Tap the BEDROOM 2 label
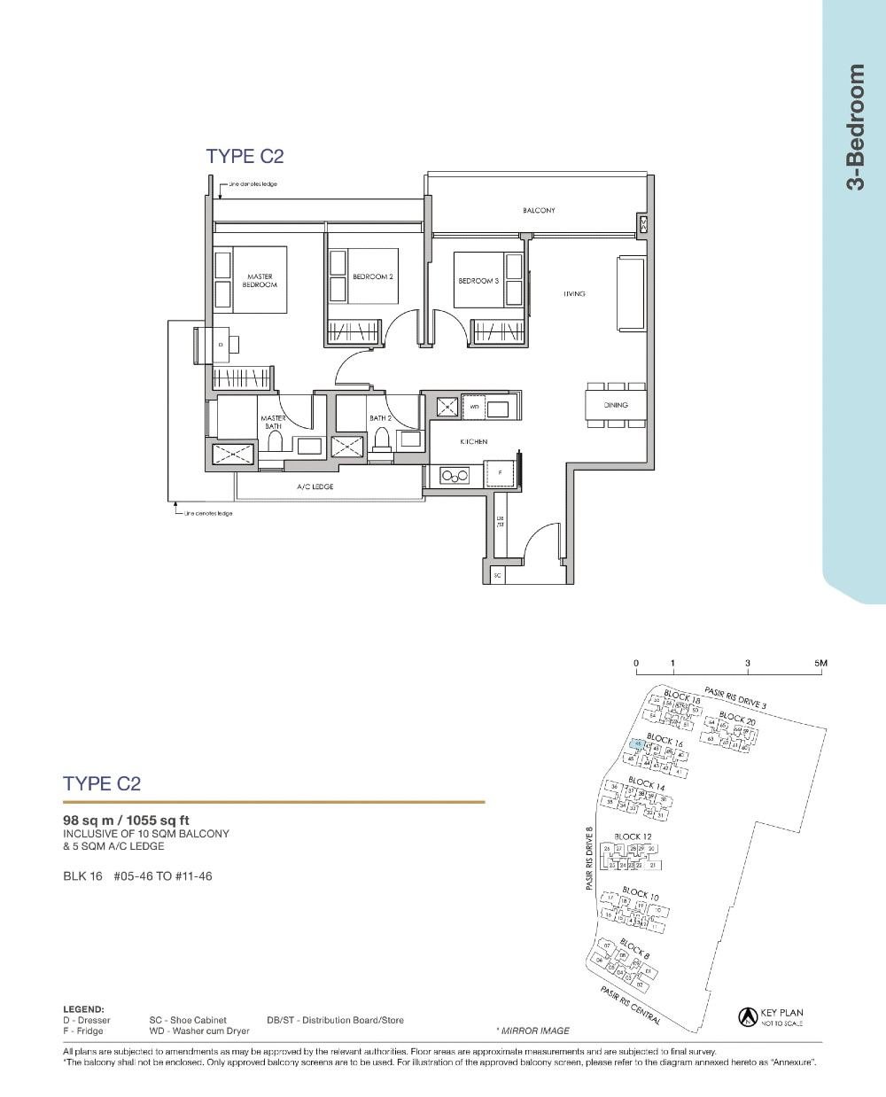(372, 277)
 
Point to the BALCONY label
(539, 211)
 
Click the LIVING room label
(574, 293)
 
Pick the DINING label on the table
(616, 405)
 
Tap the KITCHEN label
(473, 441)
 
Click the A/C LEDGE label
(315, 487)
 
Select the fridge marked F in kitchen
(500, 474)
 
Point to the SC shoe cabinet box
(497, 575)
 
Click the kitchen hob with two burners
(455, 477)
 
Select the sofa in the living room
(630, 293)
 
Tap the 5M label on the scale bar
(820, 664)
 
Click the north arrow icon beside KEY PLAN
(746, 1017)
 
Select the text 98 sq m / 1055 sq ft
(126, 820)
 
